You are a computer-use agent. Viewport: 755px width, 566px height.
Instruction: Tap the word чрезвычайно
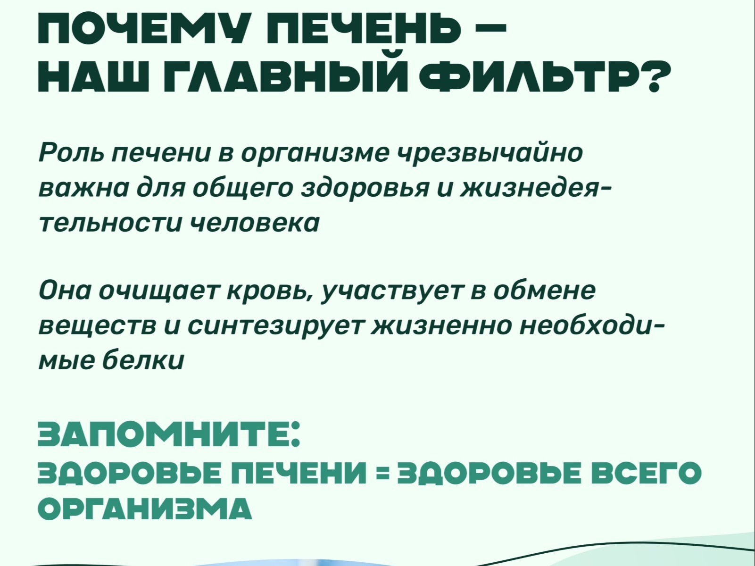click(x=489, y=154)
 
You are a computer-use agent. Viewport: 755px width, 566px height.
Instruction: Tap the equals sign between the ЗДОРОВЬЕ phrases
click(x=382, y=474)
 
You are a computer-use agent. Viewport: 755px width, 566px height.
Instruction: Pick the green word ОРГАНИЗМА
click(x=145, y=509)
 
